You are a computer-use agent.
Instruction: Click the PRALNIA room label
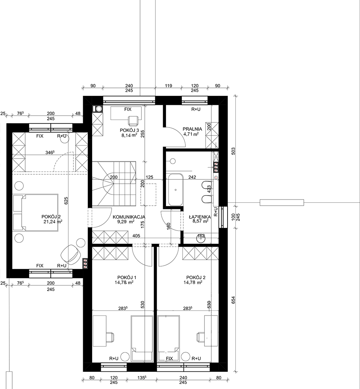(192, 129)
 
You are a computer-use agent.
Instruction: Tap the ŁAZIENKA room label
(199, 217)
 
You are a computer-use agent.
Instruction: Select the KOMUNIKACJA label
(129, 217)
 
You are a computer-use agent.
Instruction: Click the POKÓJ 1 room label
(126, 278)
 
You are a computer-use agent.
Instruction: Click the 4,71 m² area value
(191, 134)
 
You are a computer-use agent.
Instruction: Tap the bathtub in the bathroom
(176, 190)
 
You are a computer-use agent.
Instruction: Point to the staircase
(114, 183)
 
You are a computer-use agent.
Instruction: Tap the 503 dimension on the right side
(233, 151)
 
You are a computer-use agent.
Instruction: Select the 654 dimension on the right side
(233, 300)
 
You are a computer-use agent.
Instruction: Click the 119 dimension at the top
(168, 86)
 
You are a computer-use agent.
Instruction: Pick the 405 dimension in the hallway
(136, 236)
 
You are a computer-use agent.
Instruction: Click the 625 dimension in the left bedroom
(66, 201)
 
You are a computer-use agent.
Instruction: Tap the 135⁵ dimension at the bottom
(141, 378)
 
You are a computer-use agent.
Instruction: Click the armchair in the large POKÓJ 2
(71, 254)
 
